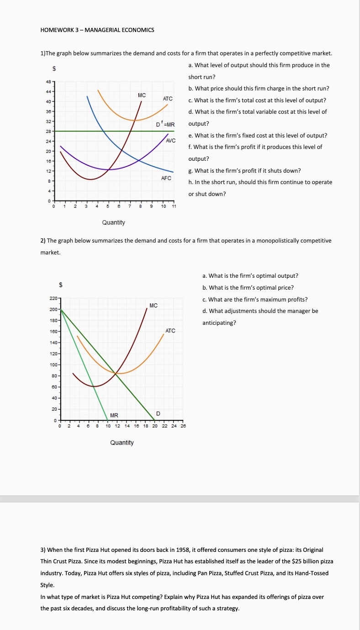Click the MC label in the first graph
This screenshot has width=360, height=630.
(x=142, y=95)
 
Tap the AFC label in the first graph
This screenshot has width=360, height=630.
(x=166, y=178)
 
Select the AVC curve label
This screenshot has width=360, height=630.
(x=171, y=141)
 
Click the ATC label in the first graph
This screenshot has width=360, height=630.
(x=168, y=99)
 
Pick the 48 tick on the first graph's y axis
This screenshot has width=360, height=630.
(x=48, y=82)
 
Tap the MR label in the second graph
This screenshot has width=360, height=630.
(x=114, y=415)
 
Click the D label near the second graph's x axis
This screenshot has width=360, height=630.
(x=158, y=413)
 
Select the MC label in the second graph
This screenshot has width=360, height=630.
(x=154, y=305)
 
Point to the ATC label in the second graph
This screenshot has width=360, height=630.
(x=170, y=330)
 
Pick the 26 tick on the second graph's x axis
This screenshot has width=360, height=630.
(x=184, y=426)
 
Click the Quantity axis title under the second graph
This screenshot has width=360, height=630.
(x=122, y=443)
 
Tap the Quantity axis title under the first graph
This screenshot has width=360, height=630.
(x=114, y=222)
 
